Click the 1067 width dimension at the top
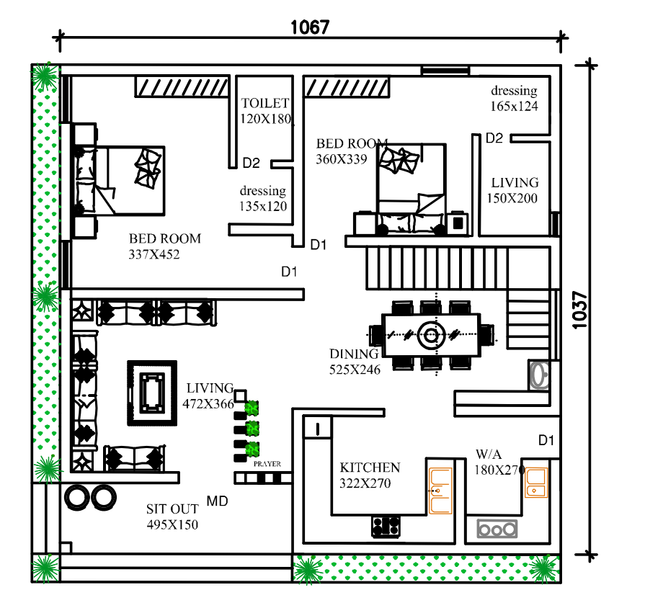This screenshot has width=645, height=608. coord(310,27)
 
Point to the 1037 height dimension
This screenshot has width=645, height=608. coord(580,310)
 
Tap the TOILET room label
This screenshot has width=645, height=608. coord(265,103)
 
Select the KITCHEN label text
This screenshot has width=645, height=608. coord(370,468)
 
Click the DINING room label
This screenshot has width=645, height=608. coord(354,354)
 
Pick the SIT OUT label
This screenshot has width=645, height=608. coord(172,509)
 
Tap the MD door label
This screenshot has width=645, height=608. coord(217,501)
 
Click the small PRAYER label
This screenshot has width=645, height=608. coord(267,464)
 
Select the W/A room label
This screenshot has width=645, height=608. coord(489,455)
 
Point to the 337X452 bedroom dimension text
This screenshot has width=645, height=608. coord(154,254)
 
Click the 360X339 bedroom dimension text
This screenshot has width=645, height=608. coord(342,159)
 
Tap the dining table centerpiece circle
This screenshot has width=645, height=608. coord(431,335)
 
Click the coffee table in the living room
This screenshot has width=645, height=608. coord(152,393)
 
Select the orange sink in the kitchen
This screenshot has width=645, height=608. coord(440,491)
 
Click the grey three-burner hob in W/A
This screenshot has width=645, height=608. coord(497,529)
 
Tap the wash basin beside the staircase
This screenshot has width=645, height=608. coord(539,375)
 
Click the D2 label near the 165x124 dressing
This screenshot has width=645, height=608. coord(494,138)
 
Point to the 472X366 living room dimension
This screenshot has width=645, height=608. coord(208,404)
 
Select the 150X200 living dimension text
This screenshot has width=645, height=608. coord(512,199)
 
